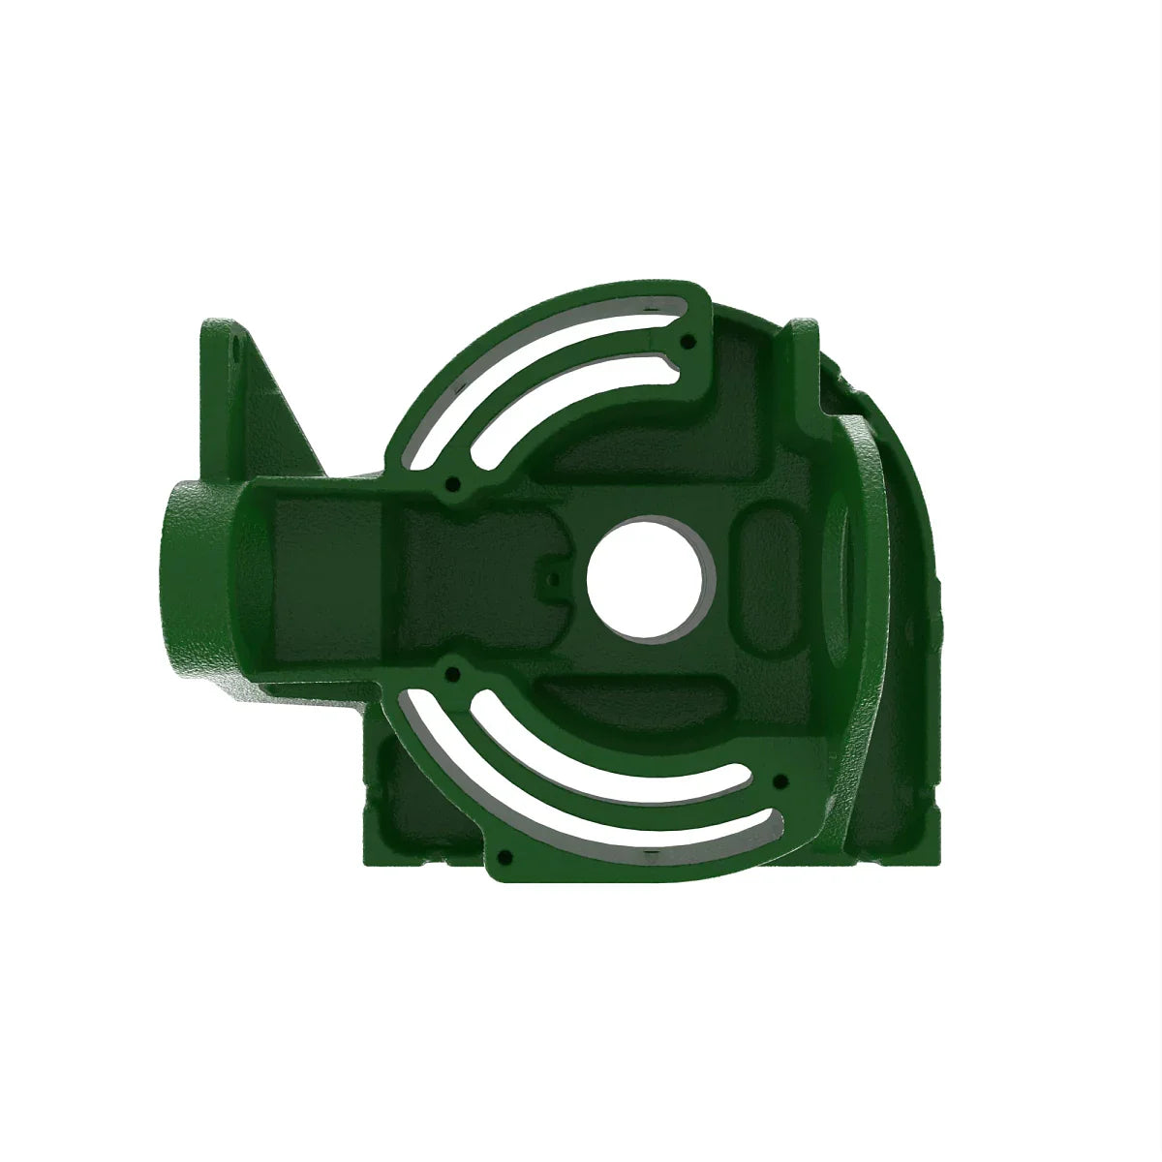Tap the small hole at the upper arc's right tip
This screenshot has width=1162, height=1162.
click(688, 341)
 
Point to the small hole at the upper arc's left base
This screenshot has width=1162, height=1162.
click(452, 481)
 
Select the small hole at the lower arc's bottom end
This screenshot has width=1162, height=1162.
click(504, 857)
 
